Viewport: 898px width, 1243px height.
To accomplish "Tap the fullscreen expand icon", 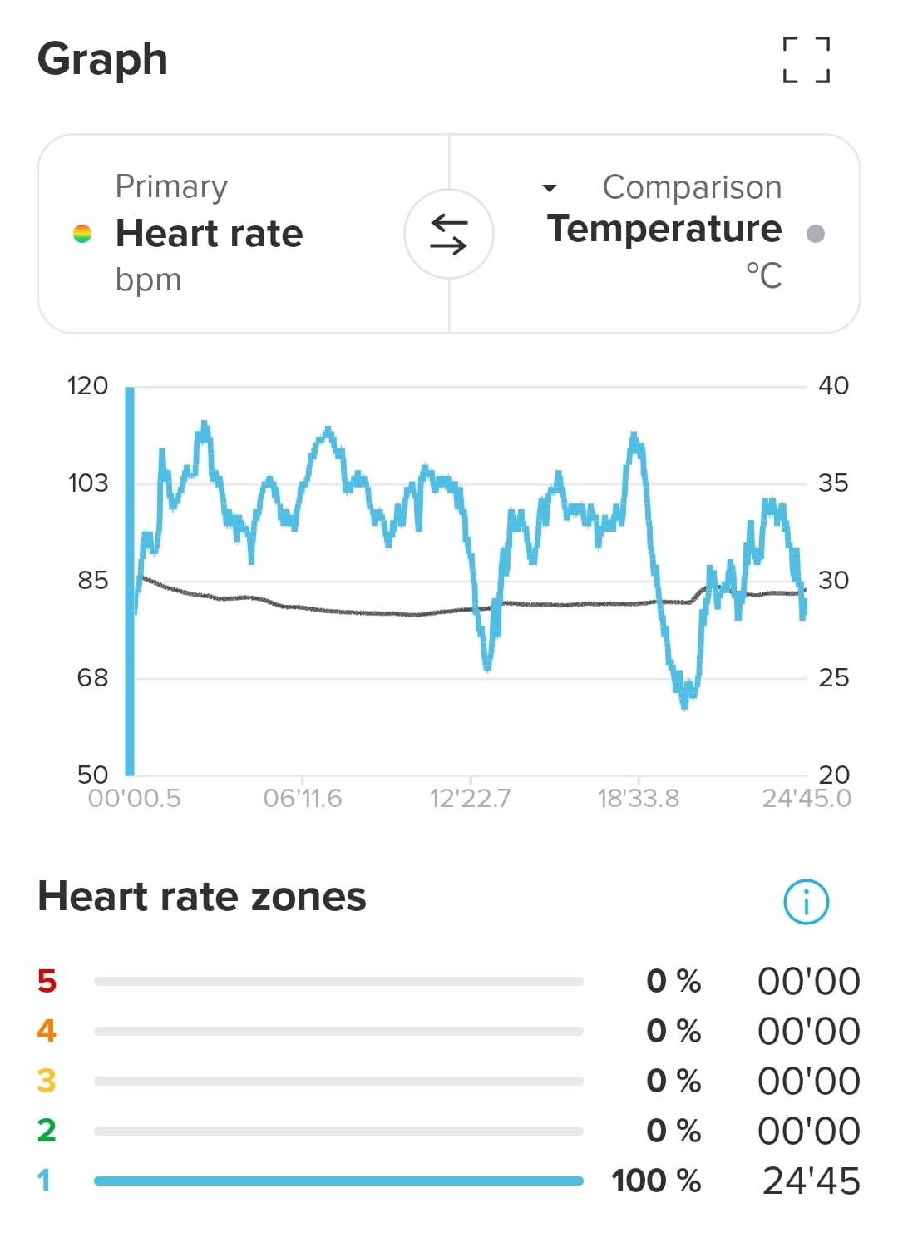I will point(806,59).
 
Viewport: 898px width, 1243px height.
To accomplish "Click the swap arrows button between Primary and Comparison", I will point(449,234).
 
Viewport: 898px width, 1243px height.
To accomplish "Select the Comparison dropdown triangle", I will point(549,188).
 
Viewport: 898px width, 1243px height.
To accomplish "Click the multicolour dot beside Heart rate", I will point(81,234).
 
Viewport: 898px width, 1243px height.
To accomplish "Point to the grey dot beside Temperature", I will point(816,234).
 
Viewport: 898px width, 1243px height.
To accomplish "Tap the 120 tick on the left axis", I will point(87,386).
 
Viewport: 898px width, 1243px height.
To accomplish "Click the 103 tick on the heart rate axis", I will point(87,483).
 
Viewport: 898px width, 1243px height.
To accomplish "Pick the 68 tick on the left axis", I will point(92,678).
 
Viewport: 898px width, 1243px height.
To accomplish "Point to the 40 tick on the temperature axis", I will point(833,386).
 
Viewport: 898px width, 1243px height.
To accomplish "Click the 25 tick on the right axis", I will point(833,678).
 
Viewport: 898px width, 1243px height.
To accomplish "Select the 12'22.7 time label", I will point(470,799).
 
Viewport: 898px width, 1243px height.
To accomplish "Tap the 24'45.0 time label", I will point(806,799).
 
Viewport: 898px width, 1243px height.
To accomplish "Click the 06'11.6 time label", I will point(303,799).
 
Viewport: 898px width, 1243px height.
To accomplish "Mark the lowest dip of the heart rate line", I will point(684,706).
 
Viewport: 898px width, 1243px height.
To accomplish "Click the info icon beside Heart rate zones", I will point(806,901).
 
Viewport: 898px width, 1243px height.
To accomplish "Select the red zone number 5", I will point(47,981).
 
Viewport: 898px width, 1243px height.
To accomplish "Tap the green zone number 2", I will point(47,1131).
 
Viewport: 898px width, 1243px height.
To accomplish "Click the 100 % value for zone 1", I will point(656,1181).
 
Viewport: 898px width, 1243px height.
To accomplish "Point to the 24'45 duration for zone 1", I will point(811,1181).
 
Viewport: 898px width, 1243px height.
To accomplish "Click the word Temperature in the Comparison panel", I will point(664,229).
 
